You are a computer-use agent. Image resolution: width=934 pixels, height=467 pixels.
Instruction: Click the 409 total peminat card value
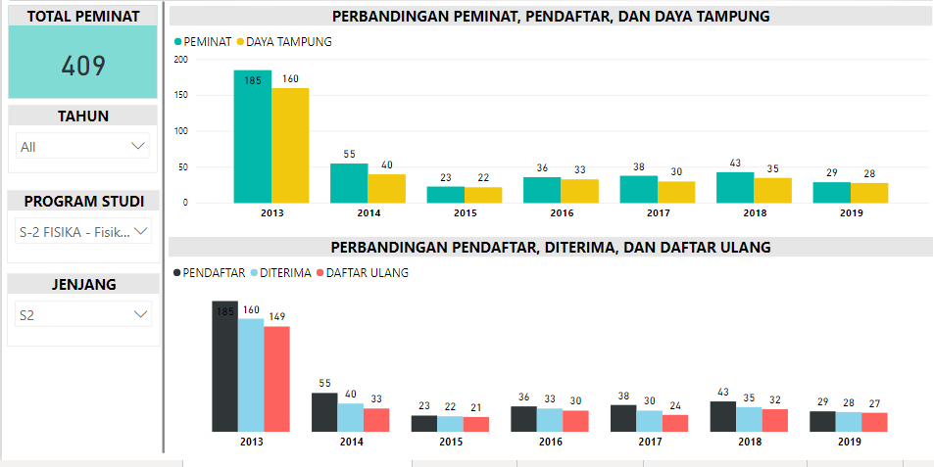coord(82,65)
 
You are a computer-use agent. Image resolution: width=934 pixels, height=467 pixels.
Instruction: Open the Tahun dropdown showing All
coord(82,147)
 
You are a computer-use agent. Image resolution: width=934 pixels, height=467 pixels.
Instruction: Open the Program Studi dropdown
coord(82,232)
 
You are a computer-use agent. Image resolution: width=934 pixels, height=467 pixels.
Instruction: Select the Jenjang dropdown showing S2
coord(82,315)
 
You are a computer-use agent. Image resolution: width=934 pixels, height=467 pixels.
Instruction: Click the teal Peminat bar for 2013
coord(252,137)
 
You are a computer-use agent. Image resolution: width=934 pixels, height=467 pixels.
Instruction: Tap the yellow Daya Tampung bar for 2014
coord(387,188)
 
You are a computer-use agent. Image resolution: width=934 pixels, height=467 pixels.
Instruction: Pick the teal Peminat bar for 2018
coord(735,187)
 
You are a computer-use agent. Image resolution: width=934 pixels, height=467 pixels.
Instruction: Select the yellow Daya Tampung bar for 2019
coord(869,192)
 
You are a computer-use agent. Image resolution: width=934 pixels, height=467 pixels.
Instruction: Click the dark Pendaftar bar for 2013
coord(225,366)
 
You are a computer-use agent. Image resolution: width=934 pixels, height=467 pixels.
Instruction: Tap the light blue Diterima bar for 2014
coord(350,416)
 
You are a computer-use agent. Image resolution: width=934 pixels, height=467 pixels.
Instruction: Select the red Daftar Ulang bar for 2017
coord(675,422)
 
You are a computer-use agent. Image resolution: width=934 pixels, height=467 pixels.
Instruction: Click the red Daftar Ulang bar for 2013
coord(277,379)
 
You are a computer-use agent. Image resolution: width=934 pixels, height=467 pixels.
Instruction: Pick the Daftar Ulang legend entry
coord(362,273)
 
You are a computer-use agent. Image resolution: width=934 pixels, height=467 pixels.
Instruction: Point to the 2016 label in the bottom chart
coord(550,442)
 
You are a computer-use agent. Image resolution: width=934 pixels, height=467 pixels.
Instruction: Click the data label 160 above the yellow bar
coord(290,79)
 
